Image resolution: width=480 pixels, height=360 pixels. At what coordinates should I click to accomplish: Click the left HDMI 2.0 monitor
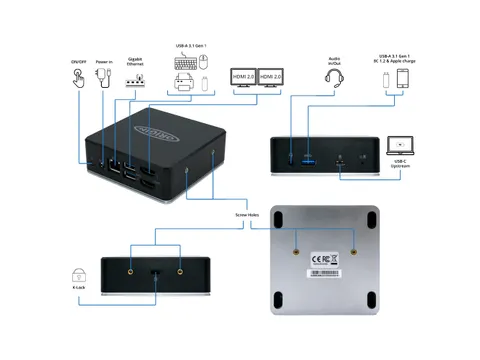click(x=243, y=80)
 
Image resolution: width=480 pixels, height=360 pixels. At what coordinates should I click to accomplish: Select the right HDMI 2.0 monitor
click(x=272, y=80)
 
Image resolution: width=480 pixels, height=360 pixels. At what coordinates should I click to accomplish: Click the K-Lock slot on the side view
click(x=154, y=272)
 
